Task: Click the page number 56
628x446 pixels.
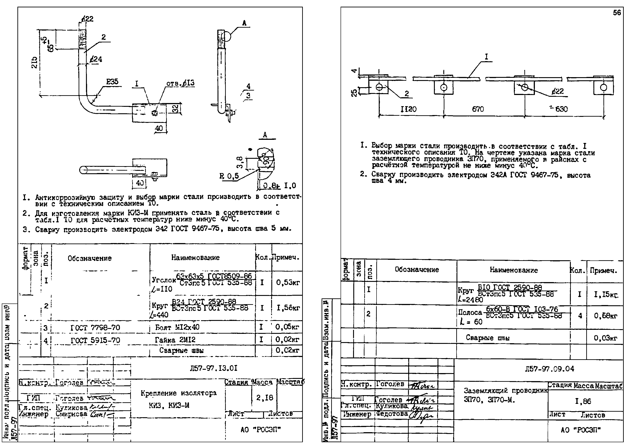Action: pyautogui.click(x=617, y=13)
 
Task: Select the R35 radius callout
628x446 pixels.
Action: pyautogui.click(x=112, y=82)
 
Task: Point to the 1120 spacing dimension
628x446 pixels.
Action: pyautogui.click(x=409, y=109)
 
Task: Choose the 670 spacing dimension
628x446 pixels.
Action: pyautogui.click(x=478, y=109)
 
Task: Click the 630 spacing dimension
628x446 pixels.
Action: pyautogui.click(x=561, y=109)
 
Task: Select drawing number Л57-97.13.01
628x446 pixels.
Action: pyautogui.click(x=213, y=368)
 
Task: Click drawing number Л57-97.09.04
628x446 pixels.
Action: pyautogui.click(x=549, y=369)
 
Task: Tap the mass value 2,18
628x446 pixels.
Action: pyautogui.click(x=264, y=398)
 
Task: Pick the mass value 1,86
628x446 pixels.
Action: pyautogui.click(x=583, y=401)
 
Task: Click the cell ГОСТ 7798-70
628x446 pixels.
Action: pyautogui.click(x=95, y=328)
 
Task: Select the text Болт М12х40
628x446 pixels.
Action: pyautogui.click(x=177, y=327)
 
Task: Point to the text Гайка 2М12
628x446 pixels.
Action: pyautogui.click(x=175, y=340)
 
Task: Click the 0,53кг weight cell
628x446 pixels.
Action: pyautogui.click(x=288, y=283)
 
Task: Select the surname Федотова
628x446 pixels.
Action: pyautogui.click(x=392, y=414)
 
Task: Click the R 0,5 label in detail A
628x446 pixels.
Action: pyautogui.click(x=229, y=176)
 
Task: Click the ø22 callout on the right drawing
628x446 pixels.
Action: pyautogui.click(x=558, y=91)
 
